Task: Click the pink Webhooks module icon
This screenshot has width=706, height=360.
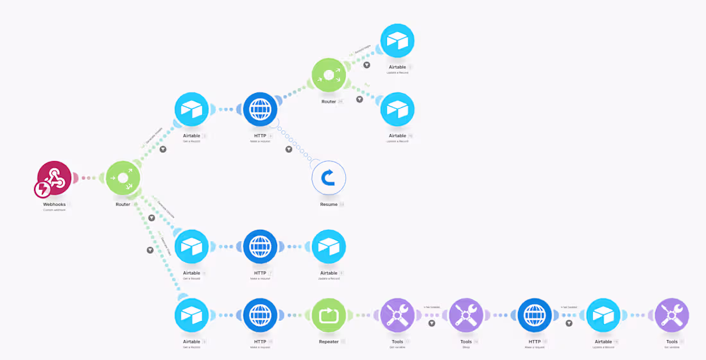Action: pos(55,178)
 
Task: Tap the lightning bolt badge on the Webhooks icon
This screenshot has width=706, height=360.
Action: pos(42,189)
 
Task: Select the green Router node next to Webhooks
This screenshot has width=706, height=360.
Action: pos(123,178)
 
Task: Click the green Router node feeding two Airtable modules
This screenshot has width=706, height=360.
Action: pos(329,75)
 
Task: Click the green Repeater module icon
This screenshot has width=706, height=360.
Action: pos(329,315)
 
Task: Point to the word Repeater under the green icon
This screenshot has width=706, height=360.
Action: pos(329,342)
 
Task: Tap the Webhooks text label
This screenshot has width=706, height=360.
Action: pos(55,205)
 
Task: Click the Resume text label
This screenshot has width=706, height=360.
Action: pos(328,205)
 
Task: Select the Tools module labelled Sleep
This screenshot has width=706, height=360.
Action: pos(466,315)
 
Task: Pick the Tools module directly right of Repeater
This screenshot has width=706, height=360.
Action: pos(397,315)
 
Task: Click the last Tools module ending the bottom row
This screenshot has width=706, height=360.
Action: pos(671,315)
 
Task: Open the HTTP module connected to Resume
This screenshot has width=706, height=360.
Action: pos(260,109)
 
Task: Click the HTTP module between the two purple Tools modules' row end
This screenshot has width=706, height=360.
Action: pos(535,315)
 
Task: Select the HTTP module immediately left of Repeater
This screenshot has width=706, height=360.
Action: pos(260,315)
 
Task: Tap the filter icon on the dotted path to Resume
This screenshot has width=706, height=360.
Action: pos(289,150)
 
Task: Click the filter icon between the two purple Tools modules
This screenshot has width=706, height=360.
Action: pos(432,323)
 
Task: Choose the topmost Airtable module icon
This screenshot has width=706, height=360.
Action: pos(397,40)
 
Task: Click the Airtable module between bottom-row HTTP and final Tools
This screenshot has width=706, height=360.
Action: pos(603,315)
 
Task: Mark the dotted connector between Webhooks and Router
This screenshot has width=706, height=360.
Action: pos(89,178)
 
